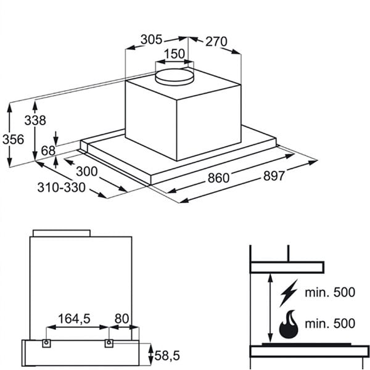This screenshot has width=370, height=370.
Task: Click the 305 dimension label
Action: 150,39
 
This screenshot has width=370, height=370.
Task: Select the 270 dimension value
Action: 215,42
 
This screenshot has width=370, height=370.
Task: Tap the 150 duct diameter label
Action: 174,54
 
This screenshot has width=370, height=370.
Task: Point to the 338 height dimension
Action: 35,120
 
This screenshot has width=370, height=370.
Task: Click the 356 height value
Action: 12,139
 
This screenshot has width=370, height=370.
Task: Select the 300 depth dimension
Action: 86,171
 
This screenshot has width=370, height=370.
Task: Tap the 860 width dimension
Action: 218,178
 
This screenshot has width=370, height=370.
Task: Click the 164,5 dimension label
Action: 74,319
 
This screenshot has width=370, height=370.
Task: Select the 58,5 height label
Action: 168,356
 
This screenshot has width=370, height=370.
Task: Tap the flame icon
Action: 288,324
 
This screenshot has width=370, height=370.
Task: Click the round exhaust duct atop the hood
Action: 173,77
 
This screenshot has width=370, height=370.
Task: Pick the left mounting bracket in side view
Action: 46,342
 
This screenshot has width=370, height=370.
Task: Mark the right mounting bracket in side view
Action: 109,342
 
